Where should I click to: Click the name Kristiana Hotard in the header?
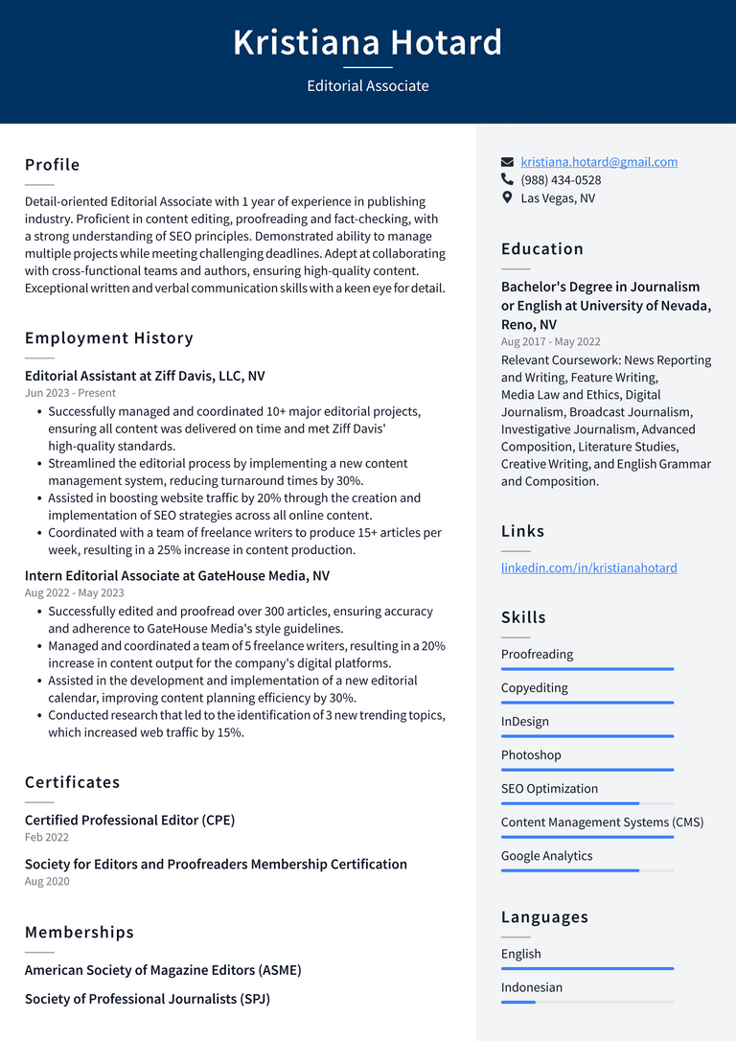pyautogui.click(x=368, y=43)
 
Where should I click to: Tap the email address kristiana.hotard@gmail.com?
pyautogui.click(x=599, y=162)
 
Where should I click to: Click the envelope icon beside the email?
pyautogui.click(x=507, y=162)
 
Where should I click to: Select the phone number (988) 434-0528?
pyautogui.click(x=561, y=180)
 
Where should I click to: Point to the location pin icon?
pyautogui.click(x=507, y=197)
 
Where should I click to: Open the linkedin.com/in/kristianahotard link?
pyautogui.click(x=588, y=567)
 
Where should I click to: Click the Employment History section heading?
pyautogui.click(x=109, y=337)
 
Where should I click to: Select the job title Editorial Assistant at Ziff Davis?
pyautogui.click(x=145, y=376)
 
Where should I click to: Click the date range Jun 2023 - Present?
pyautogui.click(x=70, y=393)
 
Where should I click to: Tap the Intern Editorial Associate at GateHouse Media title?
pyautogui.click(x=177, y=576)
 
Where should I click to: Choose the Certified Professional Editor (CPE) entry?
pyautogui.click(x=129, y=821)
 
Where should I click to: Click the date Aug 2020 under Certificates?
pyautogui.click(x=47, y=881)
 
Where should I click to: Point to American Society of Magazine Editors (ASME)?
pyautogui.click(x=163, y=970)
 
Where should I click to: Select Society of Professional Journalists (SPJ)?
pyautogui.click(x=148, y=999)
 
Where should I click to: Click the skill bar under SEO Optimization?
pyautogui.click(x=586, y=803)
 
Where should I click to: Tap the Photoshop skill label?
pyautogui.click(x=531, y=755)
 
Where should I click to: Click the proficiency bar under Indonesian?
pyautogui.click(x=586, y=1002)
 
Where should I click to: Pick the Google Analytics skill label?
pyautogui.click(x=546, y=856)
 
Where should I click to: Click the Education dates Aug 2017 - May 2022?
pyautogui.click(x=551, y=342)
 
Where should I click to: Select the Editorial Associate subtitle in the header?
pyautogui.click(x=368, y=86)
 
